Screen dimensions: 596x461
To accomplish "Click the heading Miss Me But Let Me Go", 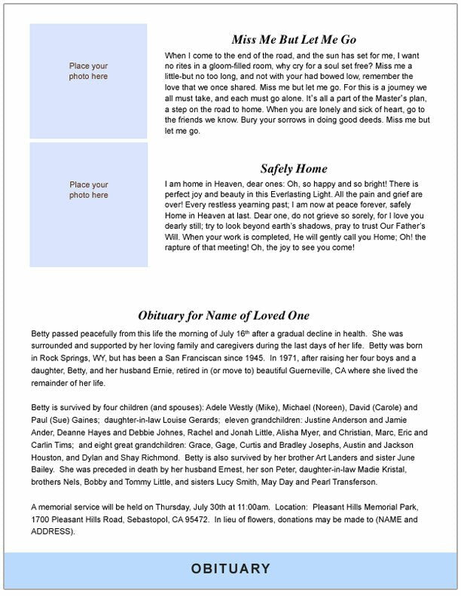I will tap(294, 40).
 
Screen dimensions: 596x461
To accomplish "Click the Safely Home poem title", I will tap(294, 169).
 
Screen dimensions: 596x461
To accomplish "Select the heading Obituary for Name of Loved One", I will tap(224, 316).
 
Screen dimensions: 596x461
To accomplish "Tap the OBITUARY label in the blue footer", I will tap(230, 569).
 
